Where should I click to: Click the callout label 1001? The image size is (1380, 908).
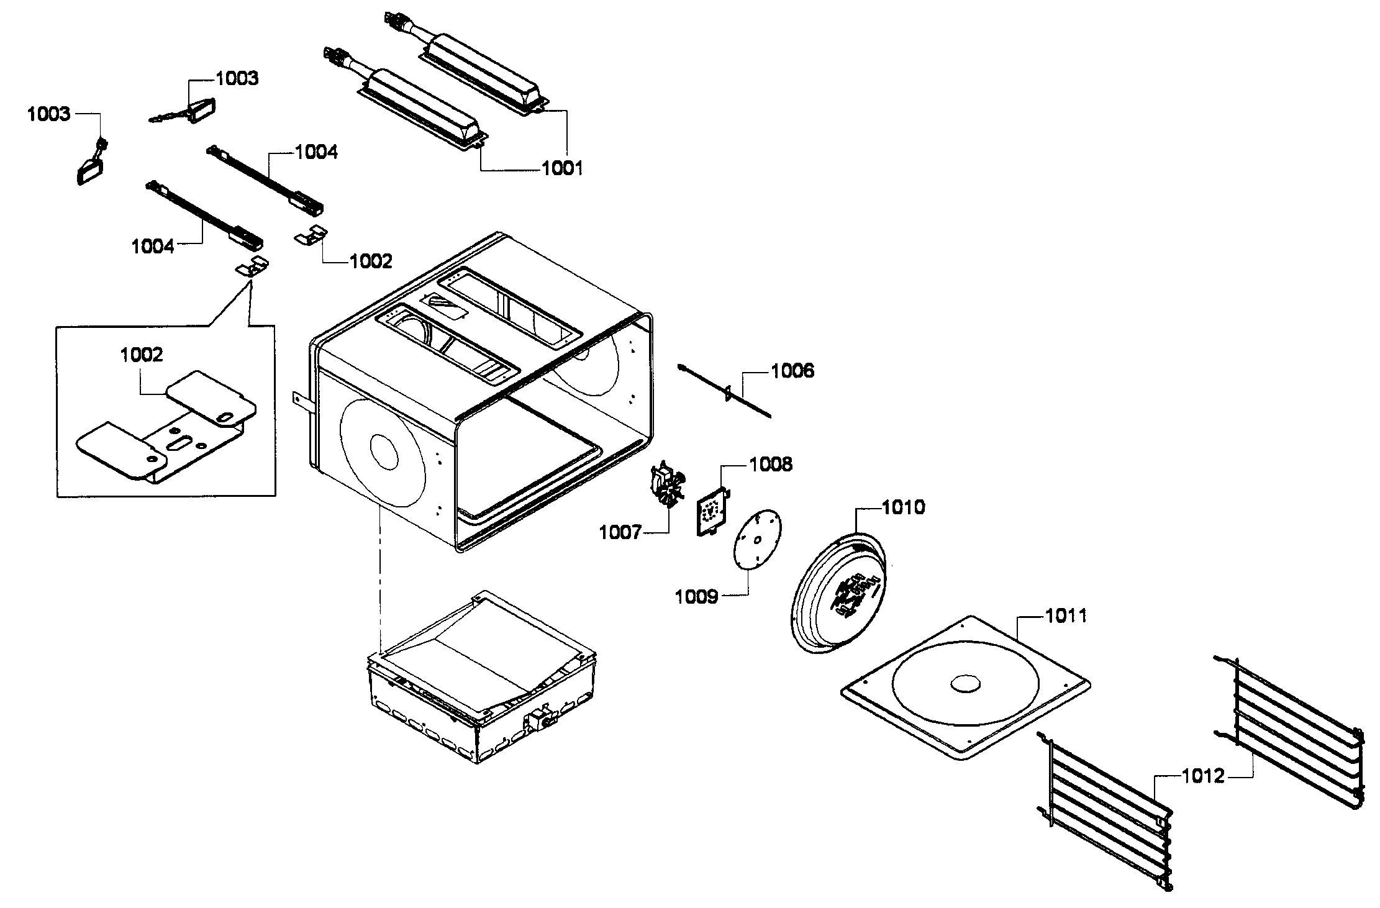[562, 168]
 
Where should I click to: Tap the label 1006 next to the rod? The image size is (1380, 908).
[792, 371]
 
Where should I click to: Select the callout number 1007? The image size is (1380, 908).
[620, 532]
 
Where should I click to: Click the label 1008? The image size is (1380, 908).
[771, 465]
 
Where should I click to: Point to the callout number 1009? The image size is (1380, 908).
[696, 597]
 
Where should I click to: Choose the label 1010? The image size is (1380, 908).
[904, 507]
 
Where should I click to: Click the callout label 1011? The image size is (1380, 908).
[1066, 616]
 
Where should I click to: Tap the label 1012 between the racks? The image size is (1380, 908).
[1202, 776]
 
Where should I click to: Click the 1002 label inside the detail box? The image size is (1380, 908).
[142, 355]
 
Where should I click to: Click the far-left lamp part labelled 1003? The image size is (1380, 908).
[90, 170]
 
